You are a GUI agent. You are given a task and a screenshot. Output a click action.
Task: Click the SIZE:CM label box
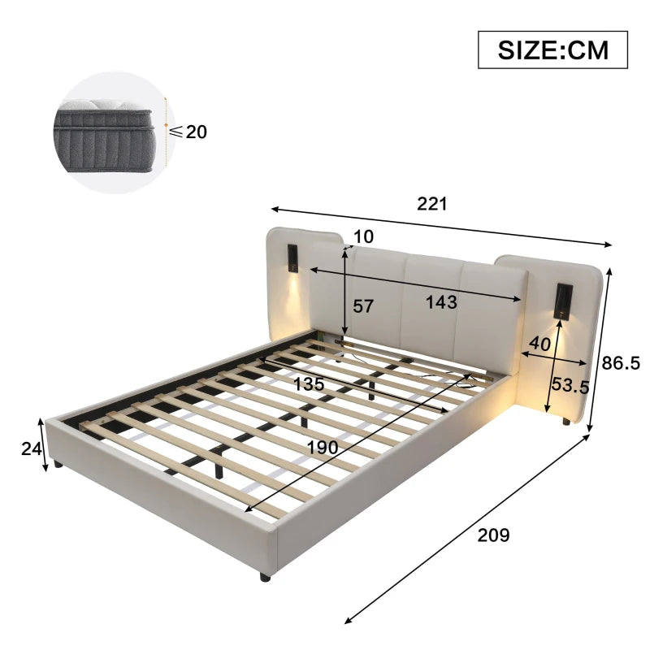click(x=552, y=50)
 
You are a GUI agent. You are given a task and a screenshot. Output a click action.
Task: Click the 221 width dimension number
click(x=432, y=204)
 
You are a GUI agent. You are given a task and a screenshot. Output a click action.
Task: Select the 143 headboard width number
click(x=441, y=302)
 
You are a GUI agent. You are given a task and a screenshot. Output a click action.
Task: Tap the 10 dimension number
click(x=364, y=236)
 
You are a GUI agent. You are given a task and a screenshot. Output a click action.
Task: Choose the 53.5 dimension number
click(x=569, y=385)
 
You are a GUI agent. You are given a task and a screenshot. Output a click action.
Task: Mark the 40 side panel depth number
click(x=539, y=344)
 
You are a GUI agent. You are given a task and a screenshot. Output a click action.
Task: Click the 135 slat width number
click(x=310, y=383)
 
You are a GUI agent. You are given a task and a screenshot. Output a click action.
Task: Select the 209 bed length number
click(x=492, y=535)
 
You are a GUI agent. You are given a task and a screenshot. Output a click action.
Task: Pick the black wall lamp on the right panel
click(x=561, y=301)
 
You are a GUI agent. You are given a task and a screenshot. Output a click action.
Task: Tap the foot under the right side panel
click(x=563, y=422)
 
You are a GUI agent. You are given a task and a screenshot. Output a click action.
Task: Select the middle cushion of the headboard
click(x=431, y=284)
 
